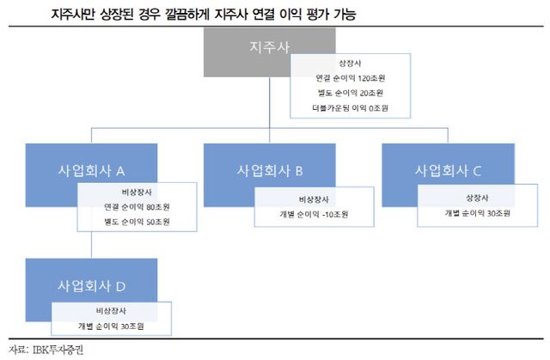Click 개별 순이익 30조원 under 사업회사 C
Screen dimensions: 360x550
tap(478, 212)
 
